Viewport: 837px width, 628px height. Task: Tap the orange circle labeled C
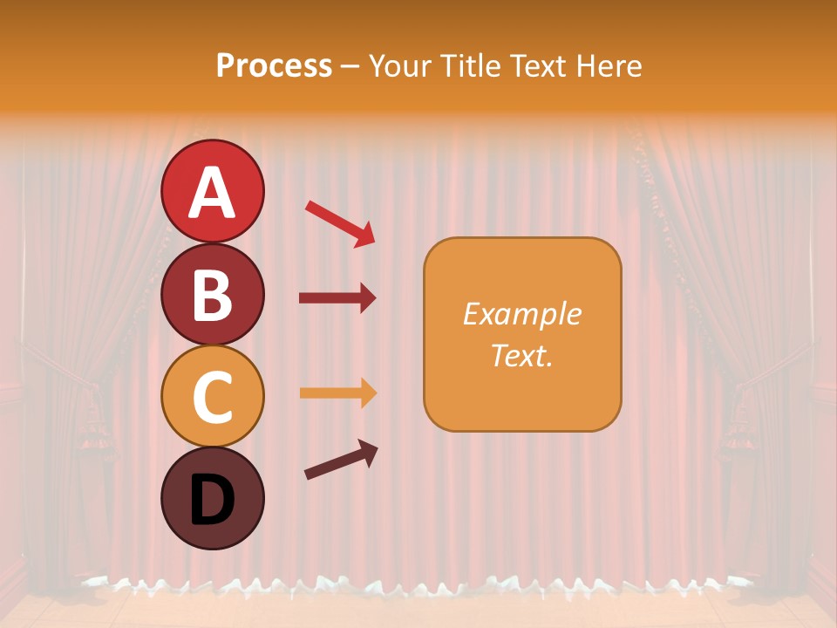tap(212, 397)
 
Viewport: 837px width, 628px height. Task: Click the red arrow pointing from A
tap(340, 223)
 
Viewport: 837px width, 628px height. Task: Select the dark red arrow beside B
tap(337, 298)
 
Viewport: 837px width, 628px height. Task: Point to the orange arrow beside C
tap(337, 393)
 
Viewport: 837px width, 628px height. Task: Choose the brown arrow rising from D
tap(341, 460)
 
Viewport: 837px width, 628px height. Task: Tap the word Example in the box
tap(521, 314)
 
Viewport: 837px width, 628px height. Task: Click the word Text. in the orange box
tap(521, 355)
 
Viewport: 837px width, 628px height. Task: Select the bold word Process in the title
tap(274, 65)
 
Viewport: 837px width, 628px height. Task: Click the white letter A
tap(212, 193)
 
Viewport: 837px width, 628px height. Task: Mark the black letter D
tap(212, 500)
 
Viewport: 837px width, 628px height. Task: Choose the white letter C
tap(212, 397)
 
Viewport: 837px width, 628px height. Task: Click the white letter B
tap(212, 295)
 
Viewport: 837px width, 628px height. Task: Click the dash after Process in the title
tap(350, 67)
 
